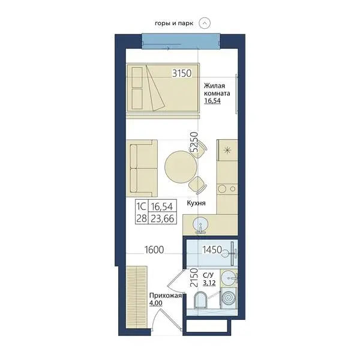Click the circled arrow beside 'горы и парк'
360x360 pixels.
tap(205, 23)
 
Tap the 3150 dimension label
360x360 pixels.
tap(182, 73)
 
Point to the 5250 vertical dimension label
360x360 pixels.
tap(194, 142)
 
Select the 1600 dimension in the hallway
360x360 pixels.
tap(154, 250)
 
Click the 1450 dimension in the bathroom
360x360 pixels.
tap(212, 250)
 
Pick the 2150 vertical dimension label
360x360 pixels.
tap(194, 278)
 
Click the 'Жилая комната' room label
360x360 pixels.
tap(217, 89)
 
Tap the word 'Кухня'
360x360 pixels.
tap(196, 203)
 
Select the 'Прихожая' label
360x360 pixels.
tap(166, 295)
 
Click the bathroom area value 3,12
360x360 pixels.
tap(209, 283)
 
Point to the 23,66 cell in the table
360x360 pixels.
tap(163, 218)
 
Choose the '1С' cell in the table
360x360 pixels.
tap(141, 206)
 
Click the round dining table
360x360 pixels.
tap(181, 167)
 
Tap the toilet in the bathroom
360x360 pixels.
tap(200, 300)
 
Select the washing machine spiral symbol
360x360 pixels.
tap(228, 298)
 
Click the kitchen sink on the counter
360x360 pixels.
tap(200, 224)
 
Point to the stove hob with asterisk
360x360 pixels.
tap(228, 151)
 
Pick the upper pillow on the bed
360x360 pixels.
tap(137, 77)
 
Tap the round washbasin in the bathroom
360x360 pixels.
tap(229, 278)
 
